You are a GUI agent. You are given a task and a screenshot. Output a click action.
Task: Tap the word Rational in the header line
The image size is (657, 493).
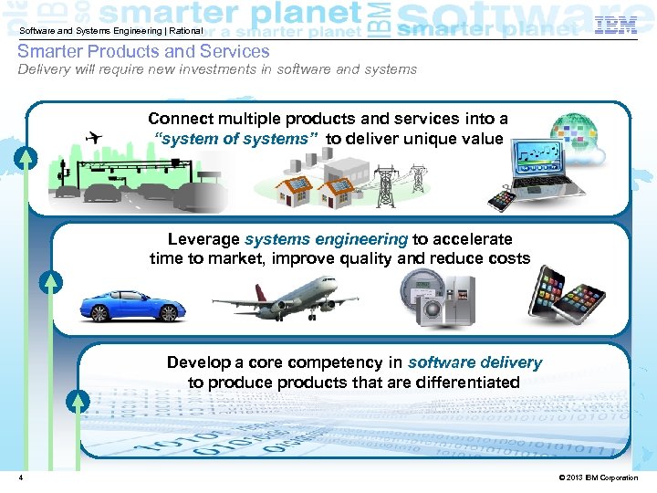click(185, 32)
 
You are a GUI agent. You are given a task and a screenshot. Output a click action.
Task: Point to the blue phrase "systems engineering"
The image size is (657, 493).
click(326, 239)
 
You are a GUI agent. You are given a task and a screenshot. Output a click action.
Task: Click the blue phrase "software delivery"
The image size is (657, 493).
click(474, 362)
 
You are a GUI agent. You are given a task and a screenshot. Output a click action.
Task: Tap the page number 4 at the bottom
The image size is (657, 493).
click(20, 478)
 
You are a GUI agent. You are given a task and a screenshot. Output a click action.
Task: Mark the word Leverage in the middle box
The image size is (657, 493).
click(204, 239)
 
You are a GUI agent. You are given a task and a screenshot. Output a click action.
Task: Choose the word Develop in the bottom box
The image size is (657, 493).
click(198, 362)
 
